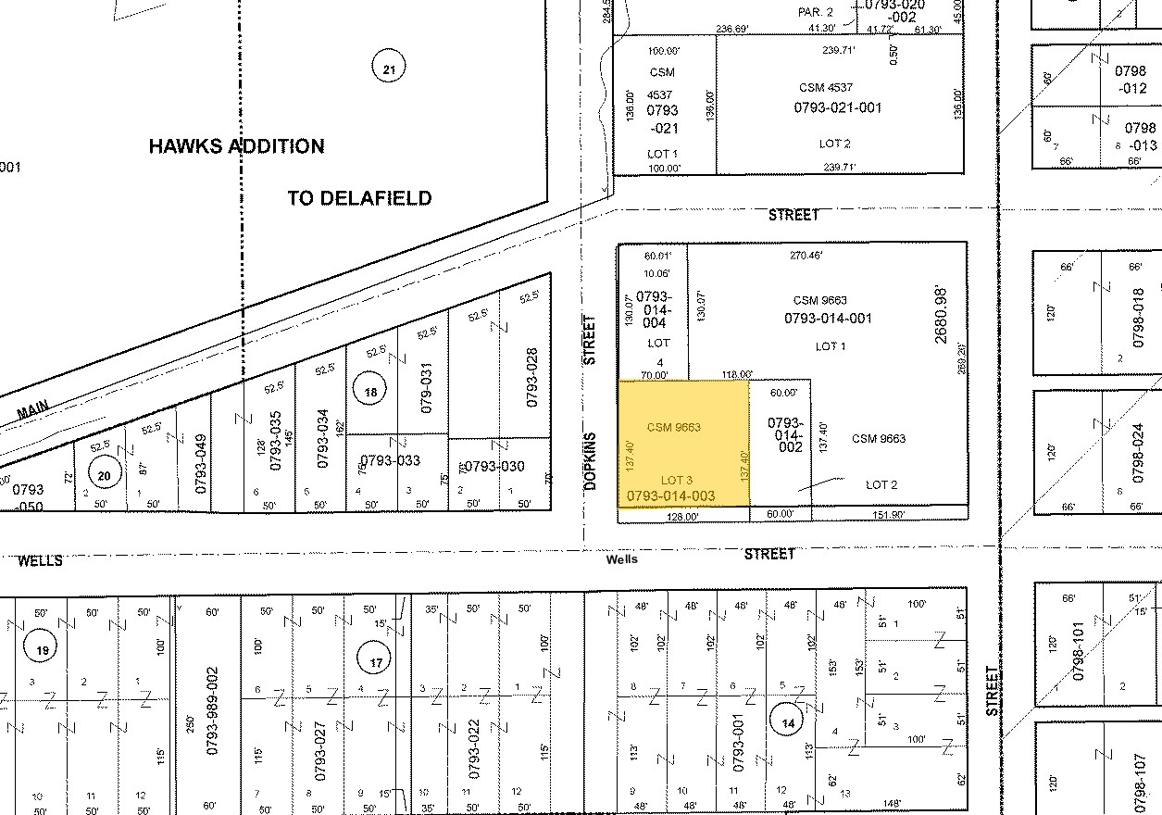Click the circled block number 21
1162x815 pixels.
(389, 69)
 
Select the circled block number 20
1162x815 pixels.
(105, 474)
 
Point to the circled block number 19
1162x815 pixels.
(42, 651)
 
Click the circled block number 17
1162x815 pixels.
(376, 662)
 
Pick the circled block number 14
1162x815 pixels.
(788, 724)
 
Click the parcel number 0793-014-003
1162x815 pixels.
(671, 497)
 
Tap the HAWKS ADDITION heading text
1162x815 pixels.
(236, 146)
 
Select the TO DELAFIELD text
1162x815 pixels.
(359, 198)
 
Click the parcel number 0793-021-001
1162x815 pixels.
(837, 107)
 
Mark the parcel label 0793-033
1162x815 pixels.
(390, 460)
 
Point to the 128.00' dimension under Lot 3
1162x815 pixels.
(683, 517)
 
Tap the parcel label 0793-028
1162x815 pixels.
(531, 377)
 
